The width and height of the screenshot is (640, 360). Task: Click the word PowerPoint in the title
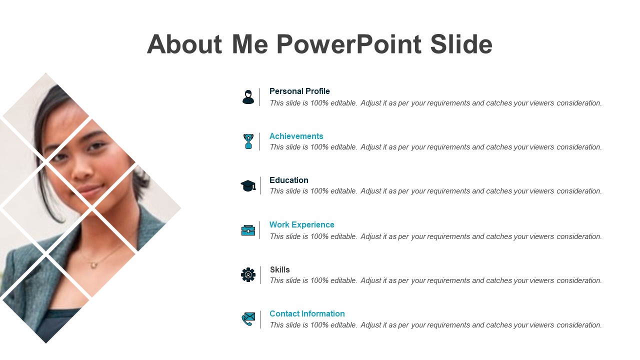(349, 44)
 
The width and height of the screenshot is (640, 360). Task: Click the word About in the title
(184, 44)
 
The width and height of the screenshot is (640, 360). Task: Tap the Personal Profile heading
(299, 91)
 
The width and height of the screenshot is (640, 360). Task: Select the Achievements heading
(296, 136)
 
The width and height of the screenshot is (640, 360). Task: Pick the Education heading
(289, 180)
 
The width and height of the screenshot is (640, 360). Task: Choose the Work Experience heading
(301, 224)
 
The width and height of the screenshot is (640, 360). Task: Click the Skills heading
(279, 269)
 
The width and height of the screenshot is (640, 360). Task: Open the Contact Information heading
(307, 313)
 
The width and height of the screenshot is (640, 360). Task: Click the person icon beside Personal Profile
(248, 97)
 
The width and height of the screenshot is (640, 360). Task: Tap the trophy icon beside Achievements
(248, 141)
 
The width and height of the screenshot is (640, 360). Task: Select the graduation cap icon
(248, 185)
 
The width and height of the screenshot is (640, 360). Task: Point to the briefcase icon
(248, 230)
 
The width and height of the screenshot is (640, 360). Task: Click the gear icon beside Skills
(248, 275)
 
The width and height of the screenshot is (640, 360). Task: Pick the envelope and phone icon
(248, 319)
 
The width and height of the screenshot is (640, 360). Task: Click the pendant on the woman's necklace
(93, 265)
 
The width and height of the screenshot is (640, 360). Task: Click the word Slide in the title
(461, 44)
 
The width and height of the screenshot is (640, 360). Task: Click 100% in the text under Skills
(319, 280)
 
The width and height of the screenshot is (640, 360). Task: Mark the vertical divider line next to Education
(260, 185)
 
